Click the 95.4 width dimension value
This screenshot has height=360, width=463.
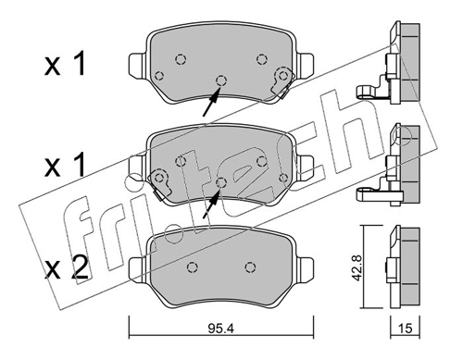click(x=221, y=329)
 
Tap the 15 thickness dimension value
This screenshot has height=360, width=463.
click(x=406, y=329)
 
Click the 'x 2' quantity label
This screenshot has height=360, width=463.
click(x=67, y=267)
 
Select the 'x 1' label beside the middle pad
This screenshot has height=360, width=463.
click(x=64, y=166)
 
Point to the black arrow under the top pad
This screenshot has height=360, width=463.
click(x=211, y=102)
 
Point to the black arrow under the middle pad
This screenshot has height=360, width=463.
click(x=211, y=204)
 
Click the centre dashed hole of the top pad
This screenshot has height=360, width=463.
click(x=221, y=81)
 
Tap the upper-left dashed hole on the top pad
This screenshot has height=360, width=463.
click(x=181, y=58)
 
